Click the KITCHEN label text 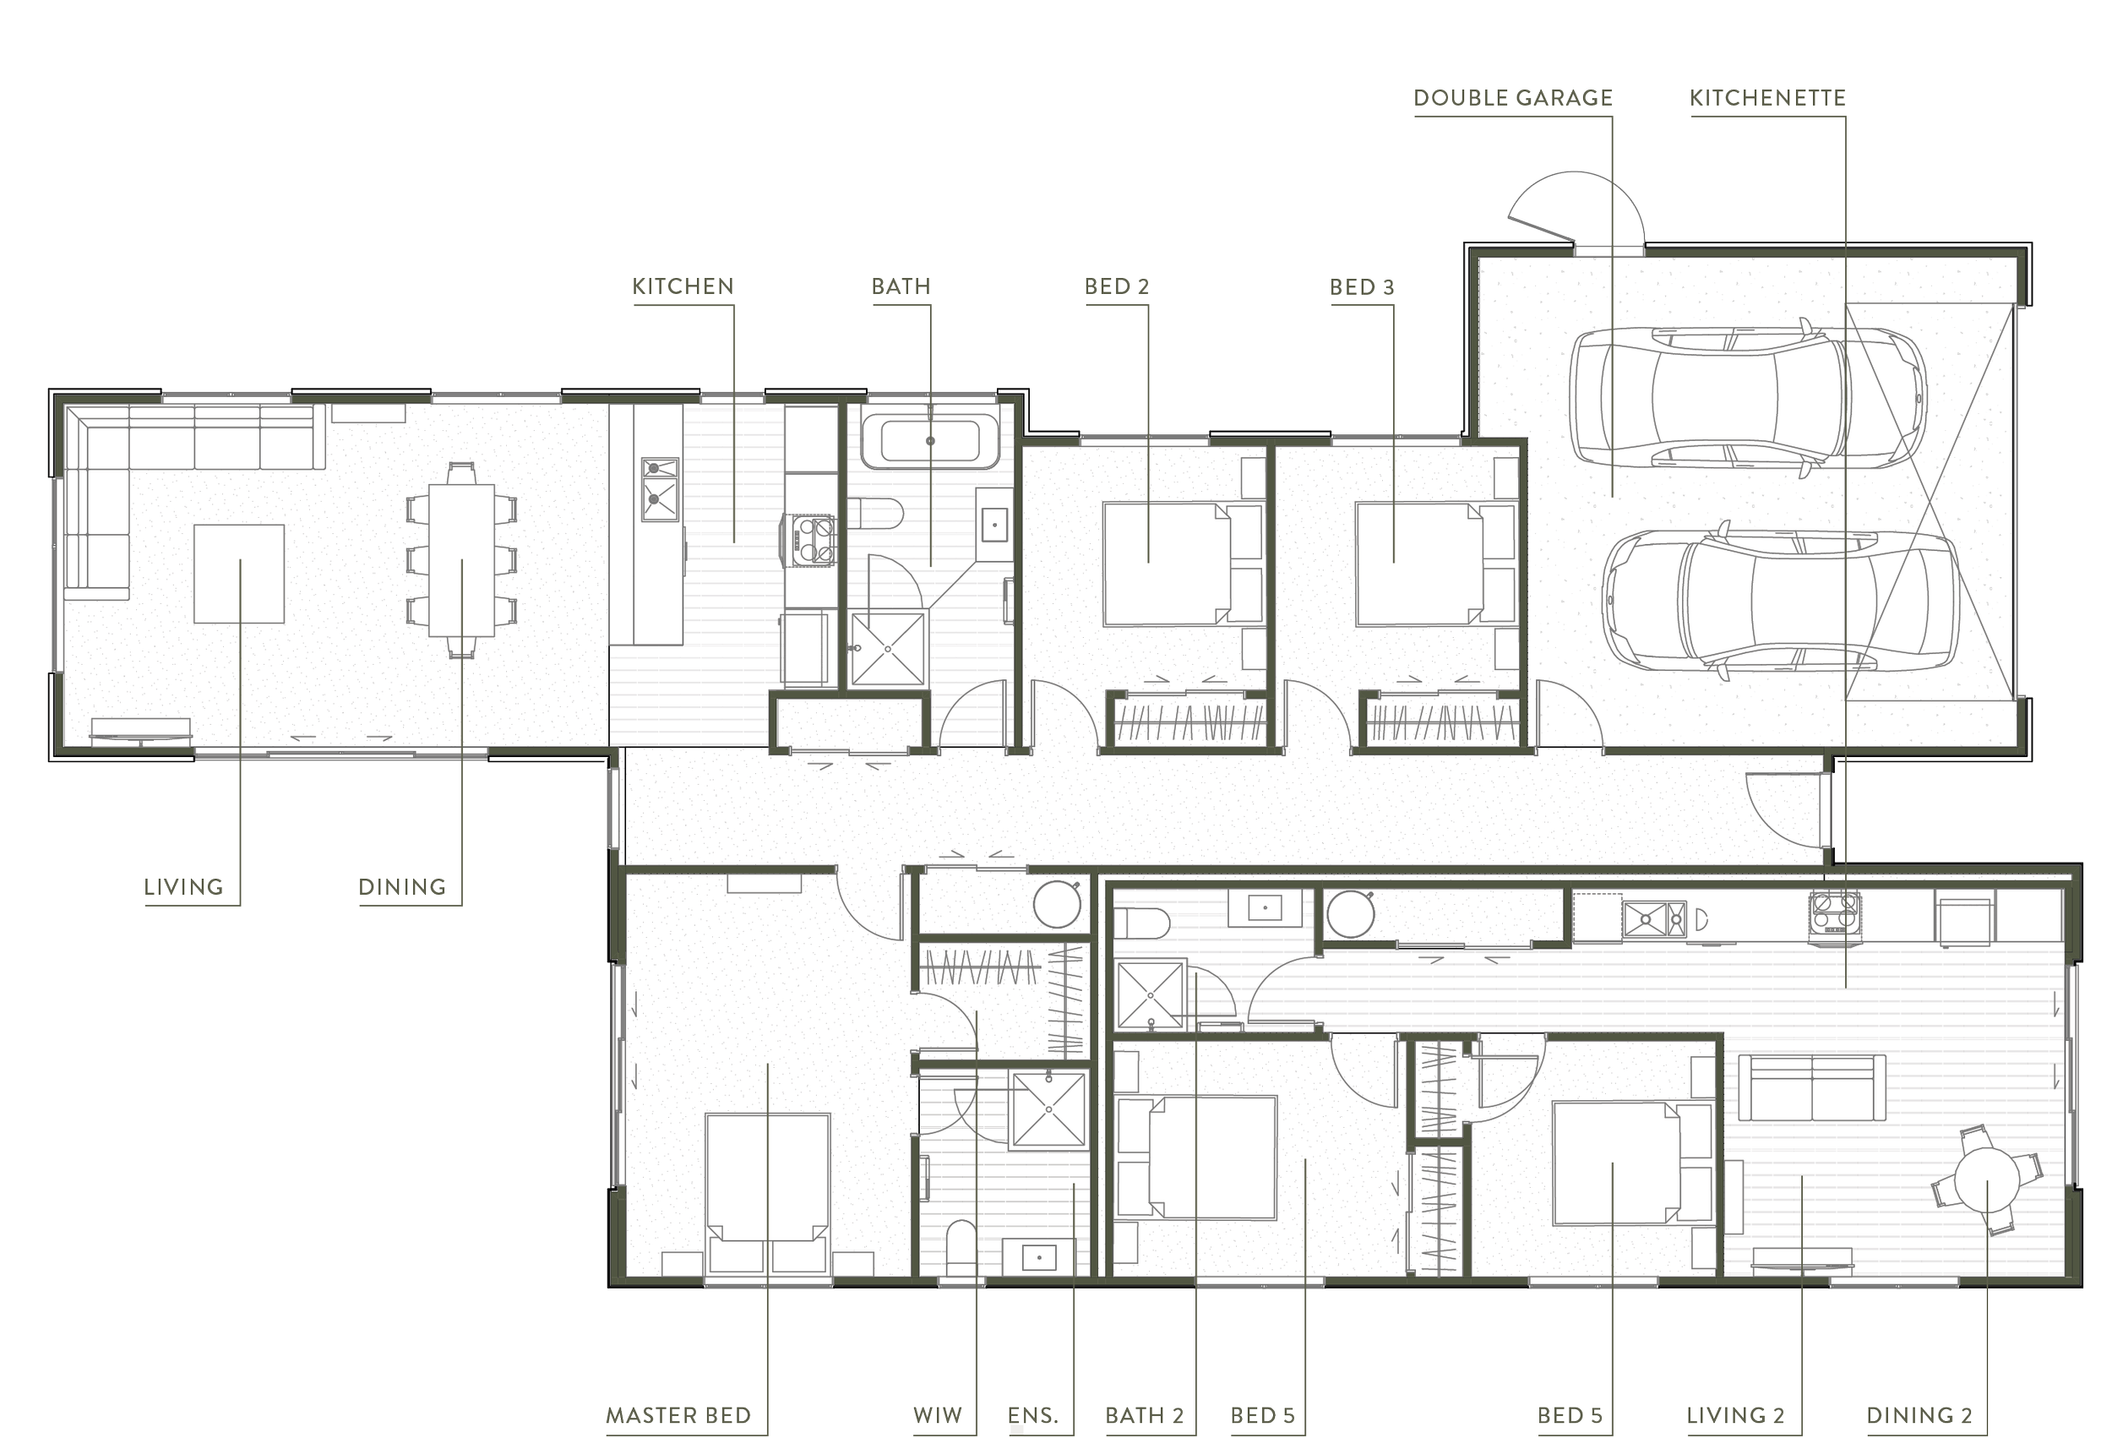click(682, 287)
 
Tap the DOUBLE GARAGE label click(1512, 98)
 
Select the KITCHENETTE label click(1766, 98)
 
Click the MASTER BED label click(678, 1415)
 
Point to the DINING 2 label click(1919, 1415)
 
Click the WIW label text click(937, 1415)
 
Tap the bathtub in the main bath click(929, 441)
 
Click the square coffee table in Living click(239, 574)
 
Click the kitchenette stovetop click(1835, 912)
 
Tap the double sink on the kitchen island click(660, 489)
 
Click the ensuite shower click(1048, 1109)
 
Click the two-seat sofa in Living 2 click(1811, 1087)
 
